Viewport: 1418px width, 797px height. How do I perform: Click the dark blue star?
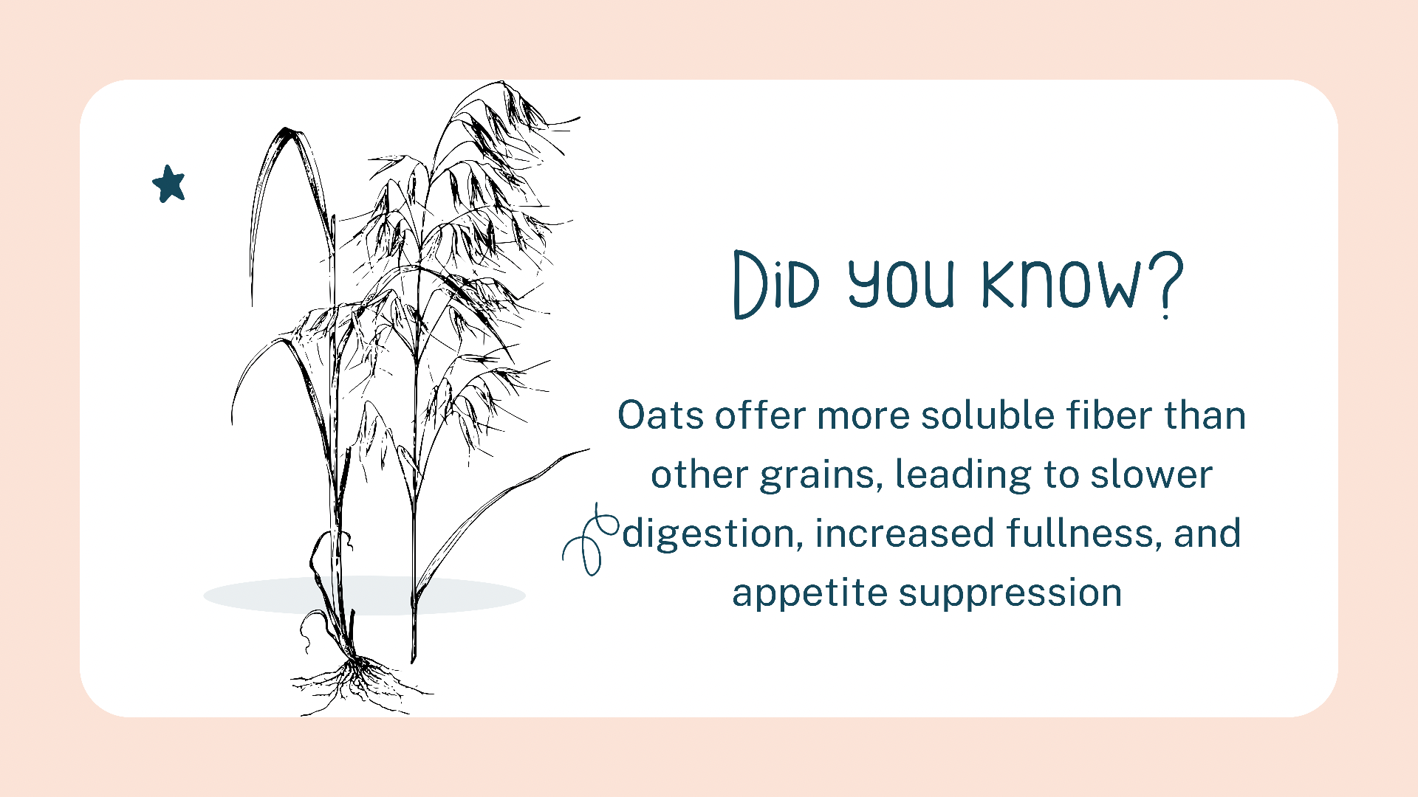pyautogui.click(x=169, y=184)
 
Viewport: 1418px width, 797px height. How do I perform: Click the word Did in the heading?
pyautogui.click(x=776, y=284)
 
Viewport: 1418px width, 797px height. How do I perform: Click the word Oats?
pyautogui.click(x=660, y=415)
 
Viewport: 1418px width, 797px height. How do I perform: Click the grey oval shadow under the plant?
pyautogui.click(x=364, y=596)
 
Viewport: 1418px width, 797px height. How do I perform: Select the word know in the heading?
pyautogui.click(x=1061, y=284)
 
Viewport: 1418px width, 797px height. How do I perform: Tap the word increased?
pyautogui.click(x=905, y=534)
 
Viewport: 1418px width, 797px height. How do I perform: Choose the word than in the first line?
pyautogui.click(x=1205, y=415)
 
